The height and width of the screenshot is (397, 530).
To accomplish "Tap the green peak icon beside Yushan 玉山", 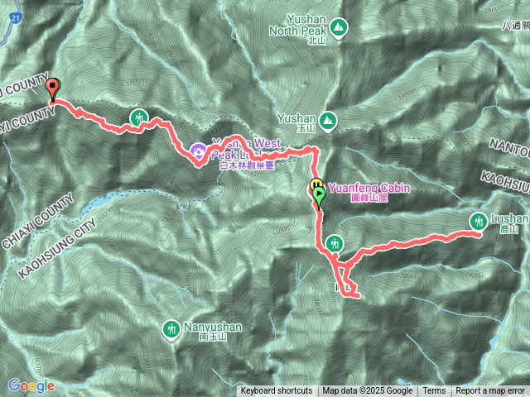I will [329, 121].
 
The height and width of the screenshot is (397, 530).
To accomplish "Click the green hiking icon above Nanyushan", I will [171, 329].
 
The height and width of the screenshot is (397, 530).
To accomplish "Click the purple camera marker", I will [199, 151].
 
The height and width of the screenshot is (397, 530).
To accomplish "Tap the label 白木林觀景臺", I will [246, 165].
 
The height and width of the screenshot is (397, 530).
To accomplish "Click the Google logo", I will [31, 385].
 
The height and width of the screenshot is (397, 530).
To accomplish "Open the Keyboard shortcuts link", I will [277, 391].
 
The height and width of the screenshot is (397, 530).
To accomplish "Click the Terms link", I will [434, 391].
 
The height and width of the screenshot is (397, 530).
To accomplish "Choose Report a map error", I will [490, 391].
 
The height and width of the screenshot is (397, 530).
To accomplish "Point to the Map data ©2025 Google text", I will [368, 391].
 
